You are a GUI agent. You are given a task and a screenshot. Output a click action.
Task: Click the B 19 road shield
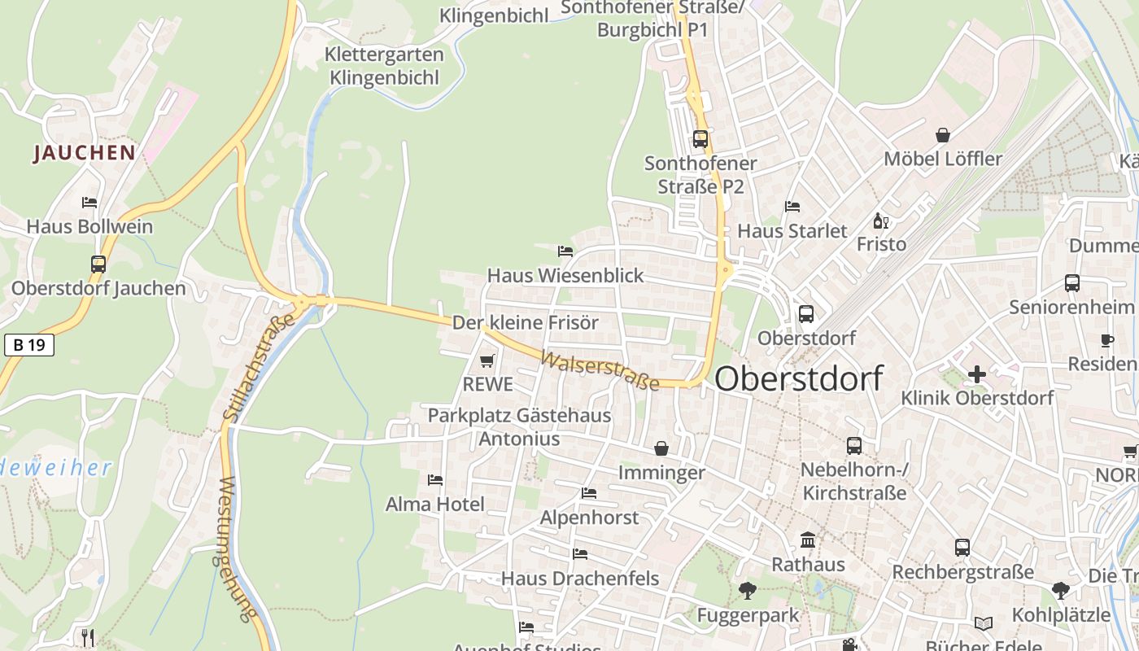click(x=29, y=345)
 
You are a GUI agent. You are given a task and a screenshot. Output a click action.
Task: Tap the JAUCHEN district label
click(x=85, y=152)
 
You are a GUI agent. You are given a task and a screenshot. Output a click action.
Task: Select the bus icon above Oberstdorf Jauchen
click(x=98, y=264)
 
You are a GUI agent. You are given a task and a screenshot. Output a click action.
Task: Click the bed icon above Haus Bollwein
click(x=89, y=202)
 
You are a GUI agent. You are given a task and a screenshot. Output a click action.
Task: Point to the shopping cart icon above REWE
click(x=487, y=360)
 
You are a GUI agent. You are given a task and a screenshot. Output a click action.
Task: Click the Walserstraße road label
click(x=600, y=371)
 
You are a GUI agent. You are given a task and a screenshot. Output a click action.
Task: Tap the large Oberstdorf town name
click(x=799, y=378)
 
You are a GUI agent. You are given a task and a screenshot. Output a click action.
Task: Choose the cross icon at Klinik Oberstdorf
click(x=977, y=374)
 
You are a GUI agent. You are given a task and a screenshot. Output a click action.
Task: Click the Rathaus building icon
click(x=808, y=540)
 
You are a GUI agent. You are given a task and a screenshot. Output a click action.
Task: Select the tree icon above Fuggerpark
click(x=748, y=591)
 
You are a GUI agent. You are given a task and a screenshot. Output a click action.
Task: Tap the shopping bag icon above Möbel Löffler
click(x=943, y=135)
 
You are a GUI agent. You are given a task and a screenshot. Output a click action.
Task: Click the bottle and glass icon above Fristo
click(x=880, y=221)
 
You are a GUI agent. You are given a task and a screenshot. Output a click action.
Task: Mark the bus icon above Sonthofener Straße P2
click(x=700, y=139)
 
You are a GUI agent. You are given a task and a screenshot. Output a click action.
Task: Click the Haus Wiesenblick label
click(x=565, y=276)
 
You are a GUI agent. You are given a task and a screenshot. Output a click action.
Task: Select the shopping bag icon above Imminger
click(x=661, y=448)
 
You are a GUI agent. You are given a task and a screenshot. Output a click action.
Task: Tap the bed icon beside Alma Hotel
click(x=435, y=480)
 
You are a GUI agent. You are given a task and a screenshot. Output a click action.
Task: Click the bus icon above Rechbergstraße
click(x=962, y=548)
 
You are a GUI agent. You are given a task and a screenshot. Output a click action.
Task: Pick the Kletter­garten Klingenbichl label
click(x=384, y=66)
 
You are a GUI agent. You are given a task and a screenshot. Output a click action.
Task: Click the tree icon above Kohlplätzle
click(x=1060, y=590)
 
